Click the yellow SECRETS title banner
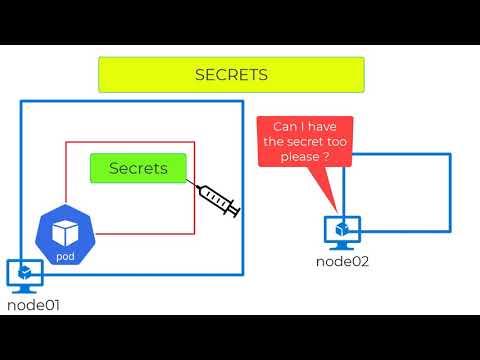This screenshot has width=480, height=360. coord(231,75)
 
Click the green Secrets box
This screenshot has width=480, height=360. coord(138,168)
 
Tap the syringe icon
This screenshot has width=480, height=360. coord(216,199)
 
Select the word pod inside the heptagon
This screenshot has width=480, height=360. coord(65,257)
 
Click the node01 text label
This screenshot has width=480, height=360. coord(34,305)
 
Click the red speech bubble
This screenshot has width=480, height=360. coord(307,142)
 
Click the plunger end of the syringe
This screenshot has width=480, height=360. coord(237,213)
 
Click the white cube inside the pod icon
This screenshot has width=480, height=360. coord(65,232)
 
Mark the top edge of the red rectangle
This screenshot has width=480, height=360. coord(130,142)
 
